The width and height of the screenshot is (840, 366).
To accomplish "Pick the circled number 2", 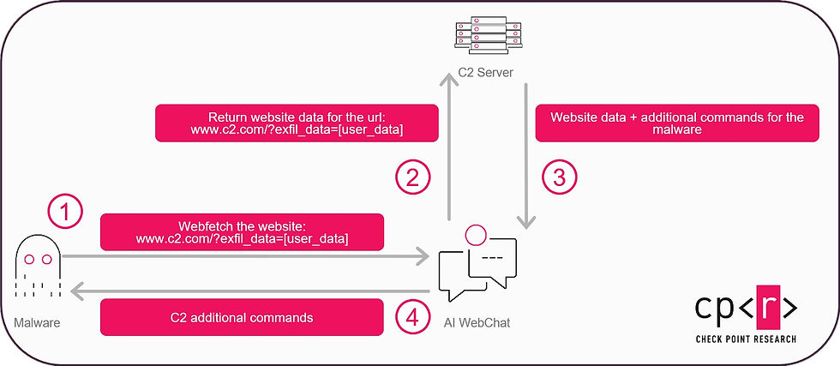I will (413, 177).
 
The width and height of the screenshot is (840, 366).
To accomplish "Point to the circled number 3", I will (561, 177).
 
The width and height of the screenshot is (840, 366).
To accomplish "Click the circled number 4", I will (413, 317).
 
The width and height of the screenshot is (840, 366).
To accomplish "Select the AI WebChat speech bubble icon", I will (477, 263).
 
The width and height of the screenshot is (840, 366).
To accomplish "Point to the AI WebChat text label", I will (478, 323).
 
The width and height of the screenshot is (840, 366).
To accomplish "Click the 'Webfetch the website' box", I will (242, 231).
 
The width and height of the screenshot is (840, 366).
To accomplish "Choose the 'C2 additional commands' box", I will (242, 317).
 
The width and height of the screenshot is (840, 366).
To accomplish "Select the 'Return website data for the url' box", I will (294, 123).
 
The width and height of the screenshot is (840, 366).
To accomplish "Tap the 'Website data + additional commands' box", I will (676, 123).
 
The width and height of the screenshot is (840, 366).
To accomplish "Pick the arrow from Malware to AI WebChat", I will (244, 255).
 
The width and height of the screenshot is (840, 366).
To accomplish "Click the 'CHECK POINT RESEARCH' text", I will (746, 339).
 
